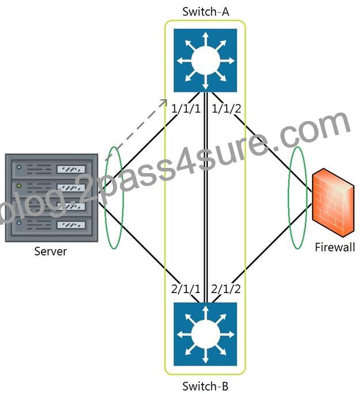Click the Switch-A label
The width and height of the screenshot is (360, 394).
tap(205, 12)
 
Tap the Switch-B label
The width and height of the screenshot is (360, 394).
tap(205, 386)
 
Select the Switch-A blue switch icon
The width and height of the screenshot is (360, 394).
tap(205, 61)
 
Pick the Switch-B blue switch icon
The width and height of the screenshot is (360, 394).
tap(205, 334)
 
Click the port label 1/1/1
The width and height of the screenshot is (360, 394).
tap(186, 109)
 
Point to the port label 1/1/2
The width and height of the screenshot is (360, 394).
tap(226, 109)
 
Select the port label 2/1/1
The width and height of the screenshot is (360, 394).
tap(186, 289)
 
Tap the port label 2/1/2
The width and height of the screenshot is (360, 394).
tap(226, 289)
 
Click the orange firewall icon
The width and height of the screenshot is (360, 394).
tap(333, 203)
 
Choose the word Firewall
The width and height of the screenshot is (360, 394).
tap(335, 247)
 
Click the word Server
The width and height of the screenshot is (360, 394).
tap(51, 252)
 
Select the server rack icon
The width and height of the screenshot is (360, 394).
tap(51, 198)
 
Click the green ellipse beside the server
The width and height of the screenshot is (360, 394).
tap(105, 198)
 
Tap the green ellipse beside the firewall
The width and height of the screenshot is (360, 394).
tap(289, 198)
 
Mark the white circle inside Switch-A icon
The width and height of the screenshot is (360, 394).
tap(205, 61)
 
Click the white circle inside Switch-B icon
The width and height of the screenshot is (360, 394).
tap(205, 335)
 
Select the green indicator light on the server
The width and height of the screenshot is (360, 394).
tap(19, 186)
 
